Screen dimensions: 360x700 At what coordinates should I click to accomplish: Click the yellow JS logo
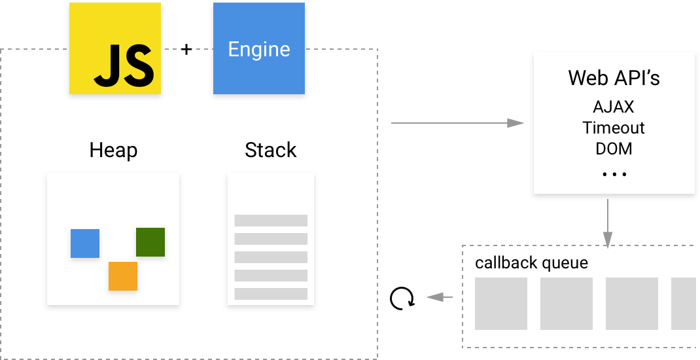115,48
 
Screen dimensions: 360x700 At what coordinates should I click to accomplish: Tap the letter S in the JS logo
139,66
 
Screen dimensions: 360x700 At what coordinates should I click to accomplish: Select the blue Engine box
259,48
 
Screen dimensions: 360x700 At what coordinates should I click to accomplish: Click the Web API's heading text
614,78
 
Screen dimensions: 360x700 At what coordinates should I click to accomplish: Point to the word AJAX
614,106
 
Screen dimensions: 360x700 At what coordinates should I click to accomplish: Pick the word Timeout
614,127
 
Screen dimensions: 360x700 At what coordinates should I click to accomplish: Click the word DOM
614,149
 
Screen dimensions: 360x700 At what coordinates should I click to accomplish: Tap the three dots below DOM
614,174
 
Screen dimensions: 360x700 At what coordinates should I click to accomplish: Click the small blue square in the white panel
85,243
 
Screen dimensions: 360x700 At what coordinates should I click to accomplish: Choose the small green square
150,242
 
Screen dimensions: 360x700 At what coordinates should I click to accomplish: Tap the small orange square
123,276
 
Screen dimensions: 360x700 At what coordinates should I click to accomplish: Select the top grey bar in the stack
271,221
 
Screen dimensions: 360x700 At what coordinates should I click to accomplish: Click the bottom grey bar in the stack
271,294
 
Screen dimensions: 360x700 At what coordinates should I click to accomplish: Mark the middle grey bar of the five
271,257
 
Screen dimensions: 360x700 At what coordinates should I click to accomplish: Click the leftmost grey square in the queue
501,304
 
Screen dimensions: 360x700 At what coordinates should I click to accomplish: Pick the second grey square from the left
567,304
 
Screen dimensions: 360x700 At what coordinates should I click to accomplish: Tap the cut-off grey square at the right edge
684,304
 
